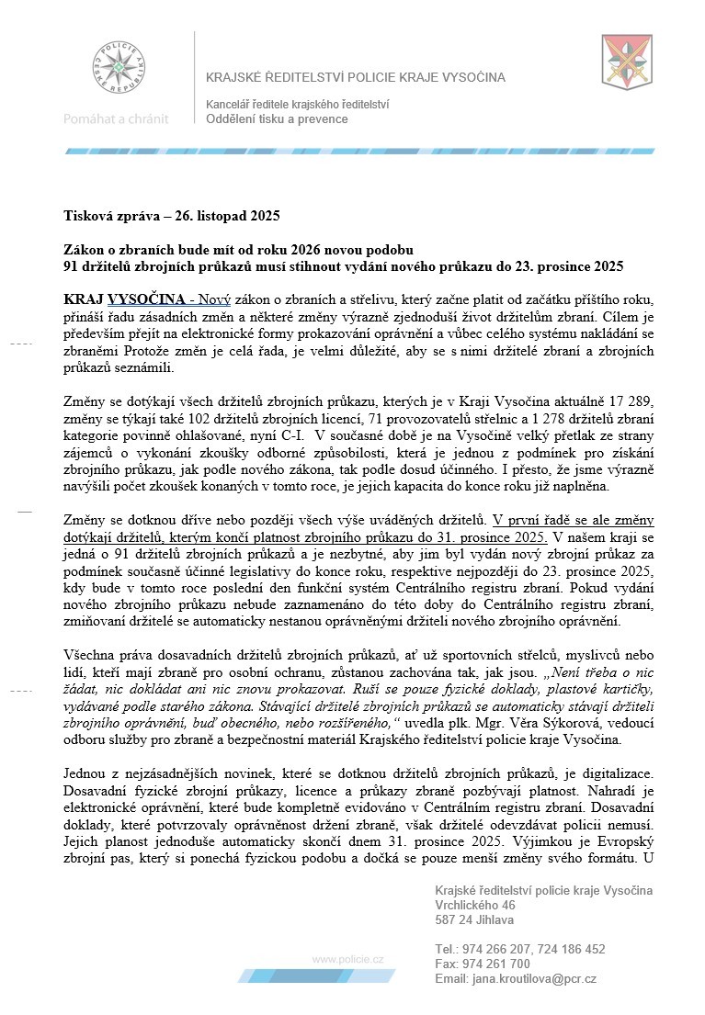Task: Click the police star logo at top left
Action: pyautogui.click(x=116, y=67)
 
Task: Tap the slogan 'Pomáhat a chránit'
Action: pyautogui.click(x=116, y=118)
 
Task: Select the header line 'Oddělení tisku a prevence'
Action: pyautogui.click(x=277, y=119)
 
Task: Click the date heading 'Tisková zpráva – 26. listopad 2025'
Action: pyautogui.click(x=171, y=217)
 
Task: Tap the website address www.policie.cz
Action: pyautogui.click(x=348, y=959)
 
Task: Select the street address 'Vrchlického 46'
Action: pyautogui.click(x=475, y=906)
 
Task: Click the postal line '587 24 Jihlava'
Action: pyautogui.click(x=475, y=920)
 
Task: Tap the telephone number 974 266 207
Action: pyautogui.click(x=496, y=950)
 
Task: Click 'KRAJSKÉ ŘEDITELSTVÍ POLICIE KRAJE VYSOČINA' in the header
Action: pyautogui.click(x=382, y=78)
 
